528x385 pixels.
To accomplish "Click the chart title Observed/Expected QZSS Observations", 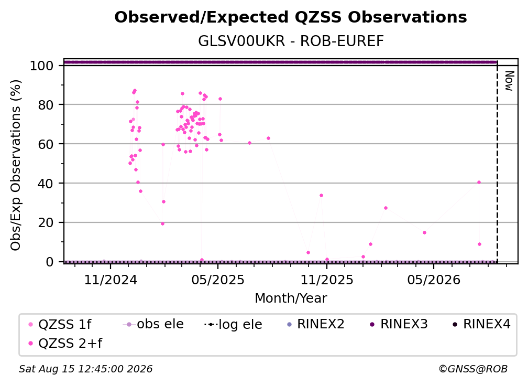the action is [291, 17].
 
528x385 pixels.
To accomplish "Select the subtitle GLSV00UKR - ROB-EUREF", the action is [291, 41].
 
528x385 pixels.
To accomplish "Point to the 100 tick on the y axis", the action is [42, 66].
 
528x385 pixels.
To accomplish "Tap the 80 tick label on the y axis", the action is [46, 105].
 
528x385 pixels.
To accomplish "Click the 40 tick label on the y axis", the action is [46, 184].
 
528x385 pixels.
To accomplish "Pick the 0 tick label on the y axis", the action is [50, 262].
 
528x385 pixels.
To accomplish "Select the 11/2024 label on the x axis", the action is [111, 280].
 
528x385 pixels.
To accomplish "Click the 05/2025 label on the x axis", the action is [218, 280].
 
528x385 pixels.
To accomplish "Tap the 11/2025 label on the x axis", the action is [327, 280].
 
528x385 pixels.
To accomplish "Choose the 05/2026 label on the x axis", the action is [433, 280].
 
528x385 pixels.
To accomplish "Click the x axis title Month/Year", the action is [291, 298].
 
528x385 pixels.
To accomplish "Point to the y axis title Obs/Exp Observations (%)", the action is [16, 165].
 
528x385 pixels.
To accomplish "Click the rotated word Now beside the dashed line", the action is [509, 81].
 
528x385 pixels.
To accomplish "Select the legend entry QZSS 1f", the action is [60, 324].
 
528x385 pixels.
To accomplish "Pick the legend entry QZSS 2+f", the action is [65, 343].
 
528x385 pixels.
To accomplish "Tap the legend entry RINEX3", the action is [399, 324].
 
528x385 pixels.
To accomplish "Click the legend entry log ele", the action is [233, 324].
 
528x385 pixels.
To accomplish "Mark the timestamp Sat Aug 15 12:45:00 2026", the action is [85, 369].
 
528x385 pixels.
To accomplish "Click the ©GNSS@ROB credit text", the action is [473, 369].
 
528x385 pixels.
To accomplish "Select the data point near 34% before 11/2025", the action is [321, 196].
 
